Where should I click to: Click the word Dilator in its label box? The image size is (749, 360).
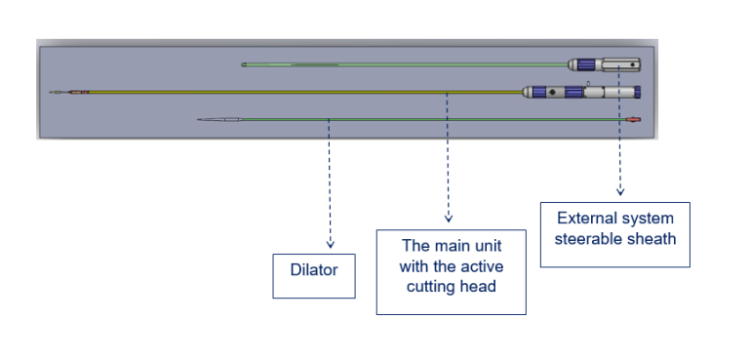click(313, 270)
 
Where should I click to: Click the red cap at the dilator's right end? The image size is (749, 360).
click(634, 120)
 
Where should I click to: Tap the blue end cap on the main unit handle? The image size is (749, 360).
click(637, 93)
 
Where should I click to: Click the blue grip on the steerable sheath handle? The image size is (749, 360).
click(586, 65)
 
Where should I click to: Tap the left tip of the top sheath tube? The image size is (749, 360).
click(244, 65)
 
